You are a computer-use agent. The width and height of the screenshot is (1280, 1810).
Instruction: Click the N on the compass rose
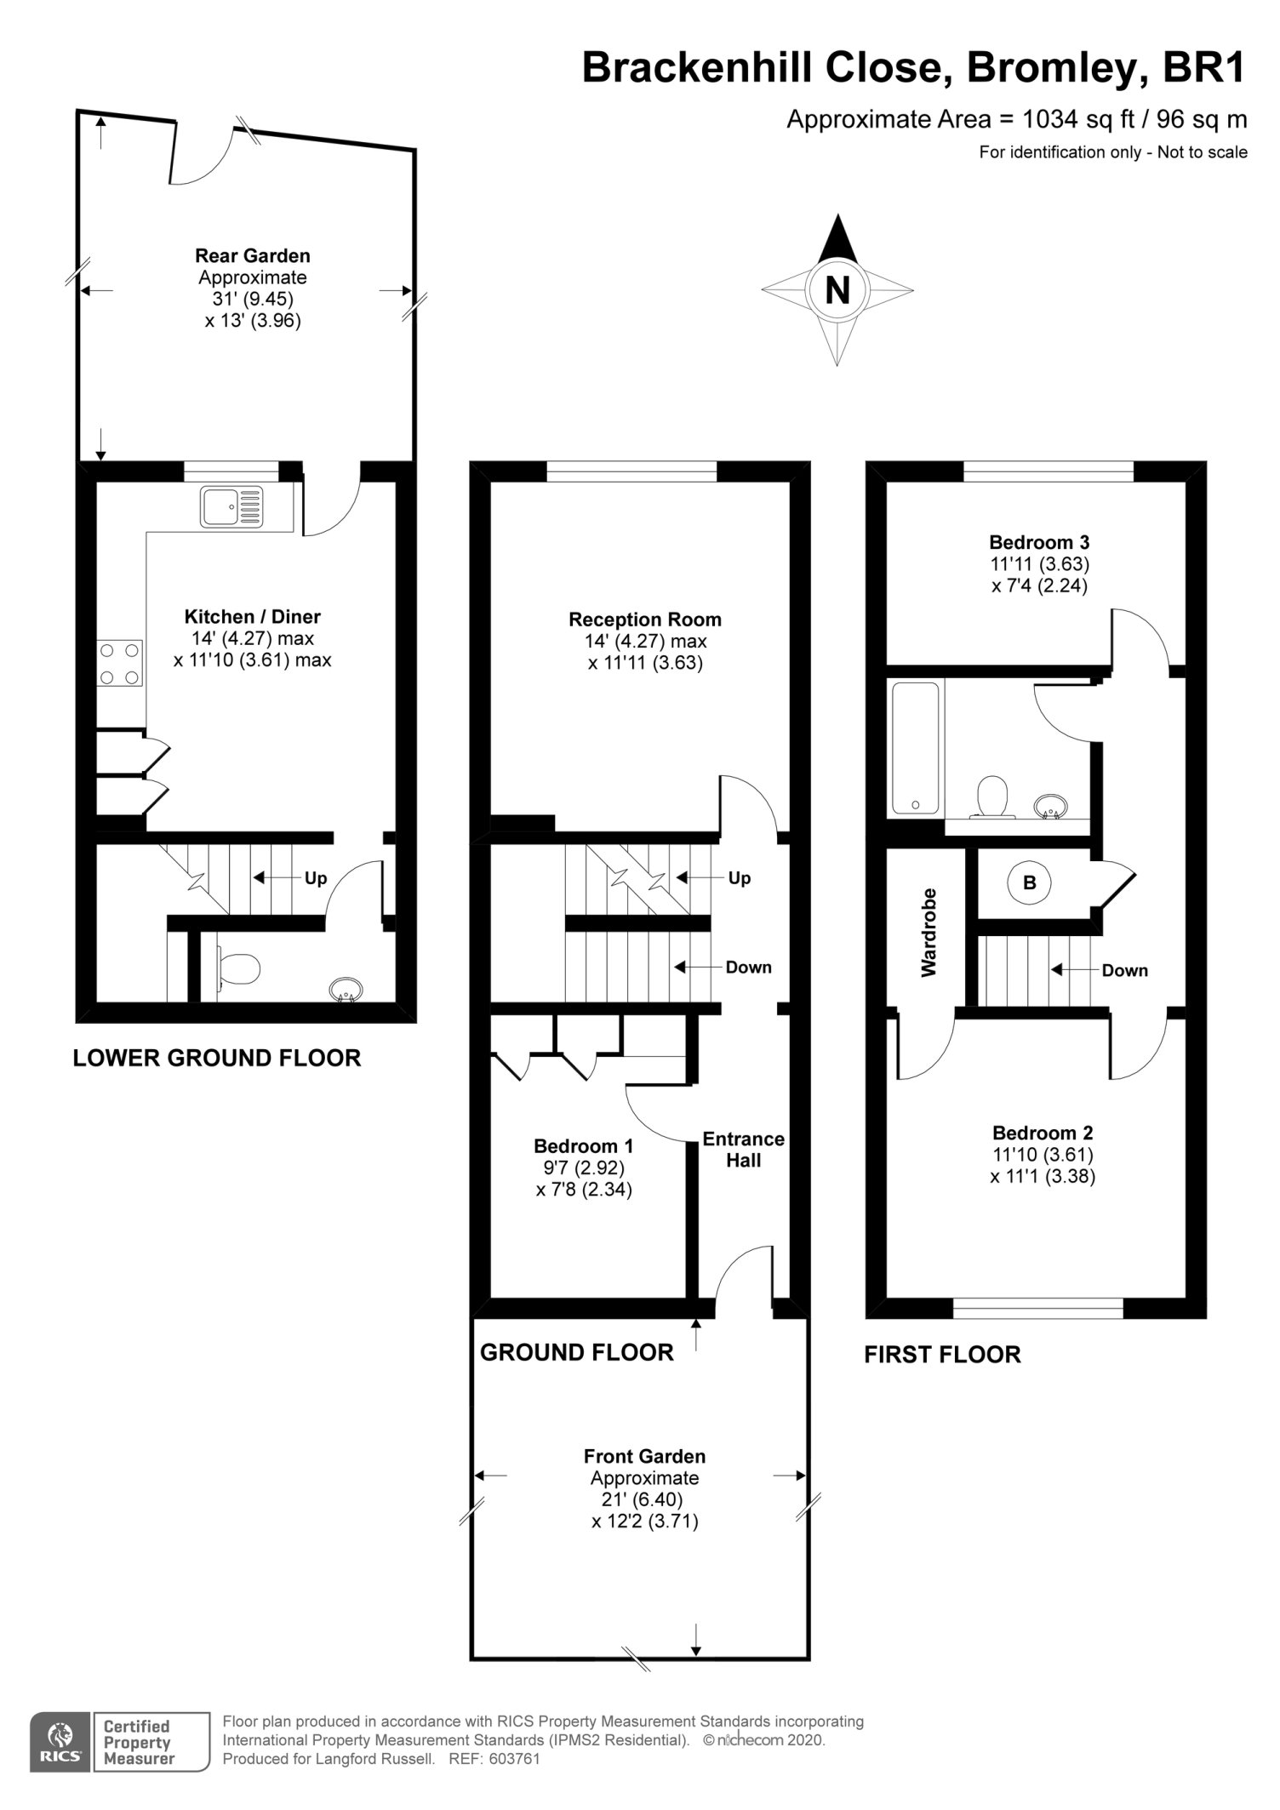point(837,291)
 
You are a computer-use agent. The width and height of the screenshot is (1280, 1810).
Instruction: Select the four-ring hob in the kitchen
point(120,664)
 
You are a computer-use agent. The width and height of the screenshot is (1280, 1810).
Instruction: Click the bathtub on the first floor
point(915,747)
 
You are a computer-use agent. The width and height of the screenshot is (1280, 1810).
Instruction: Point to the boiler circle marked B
point(1029,882)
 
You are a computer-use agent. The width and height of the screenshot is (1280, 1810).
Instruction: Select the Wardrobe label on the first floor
point(928,932)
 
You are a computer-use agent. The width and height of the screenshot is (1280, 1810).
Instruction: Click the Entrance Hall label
point(743,1150)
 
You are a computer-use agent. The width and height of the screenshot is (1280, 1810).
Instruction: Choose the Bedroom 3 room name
point(1039,541)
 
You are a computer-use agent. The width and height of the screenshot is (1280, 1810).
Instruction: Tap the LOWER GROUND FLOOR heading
point(217,1058)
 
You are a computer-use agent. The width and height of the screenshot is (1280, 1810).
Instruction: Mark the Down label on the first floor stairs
point(1124,970)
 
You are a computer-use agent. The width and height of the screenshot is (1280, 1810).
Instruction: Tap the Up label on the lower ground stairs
point(316,878)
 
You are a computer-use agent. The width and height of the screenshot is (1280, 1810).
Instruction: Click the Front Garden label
point(644,1456)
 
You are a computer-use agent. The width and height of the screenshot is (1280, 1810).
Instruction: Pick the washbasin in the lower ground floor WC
point(346,989)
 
